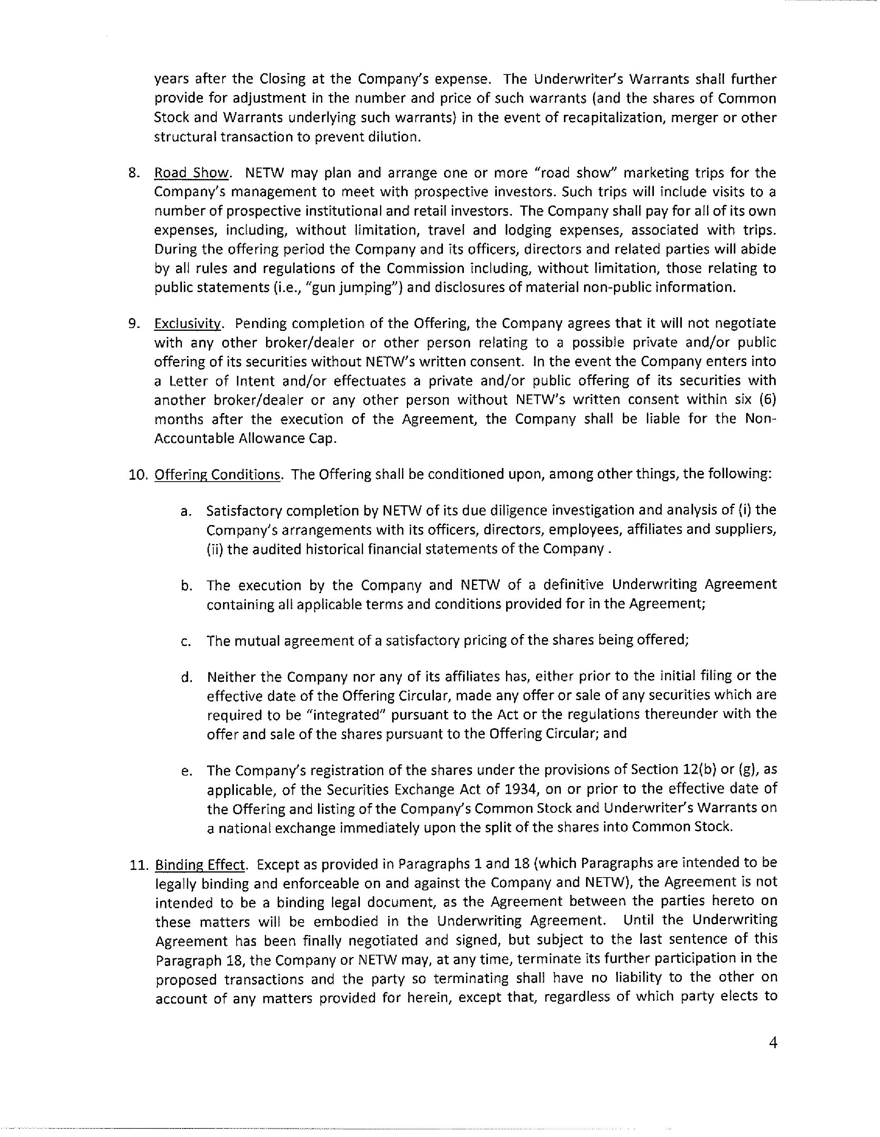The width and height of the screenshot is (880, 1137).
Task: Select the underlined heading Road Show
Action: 192,173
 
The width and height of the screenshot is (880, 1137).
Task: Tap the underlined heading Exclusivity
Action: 188,324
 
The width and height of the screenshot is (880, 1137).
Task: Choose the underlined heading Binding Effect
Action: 201,865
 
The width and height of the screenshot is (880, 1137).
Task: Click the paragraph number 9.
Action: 134,324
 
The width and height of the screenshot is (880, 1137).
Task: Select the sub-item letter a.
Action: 185,511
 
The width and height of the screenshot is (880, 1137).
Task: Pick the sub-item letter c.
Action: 185,641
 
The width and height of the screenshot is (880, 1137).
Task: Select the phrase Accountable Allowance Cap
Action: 245,438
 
